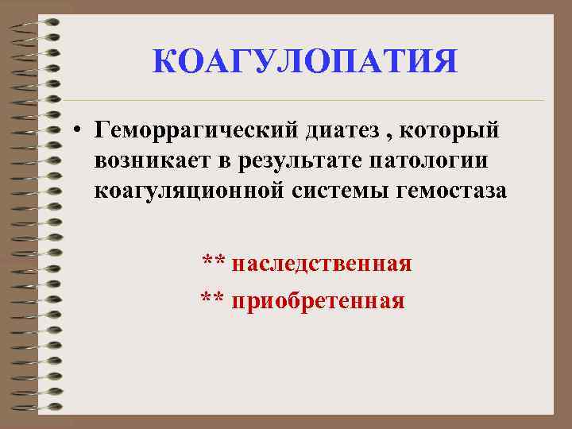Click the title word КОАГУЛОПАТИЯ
pos(305,62)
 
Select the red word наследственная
pos(322,263)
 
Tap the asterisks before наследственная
pos(212,261)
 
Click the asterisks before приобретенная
pos(211,300)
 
